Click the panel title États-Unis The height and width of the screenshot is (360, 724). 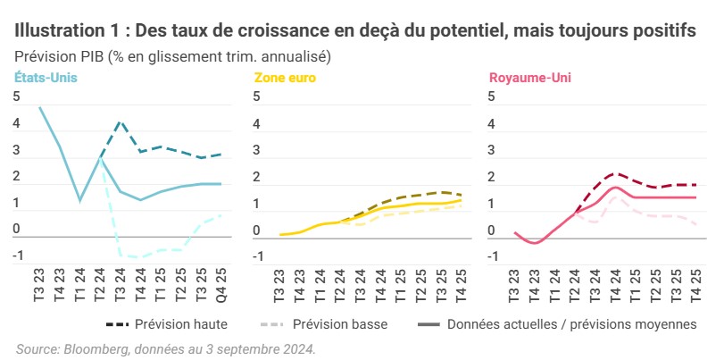click(46, 78)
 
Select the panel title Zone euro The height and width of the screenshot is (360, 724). click(285, 78)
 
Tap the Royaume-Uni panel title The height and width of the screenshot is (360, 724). click(529, 78)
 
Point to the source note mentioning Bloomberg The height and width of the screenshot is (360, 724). click(165, 347)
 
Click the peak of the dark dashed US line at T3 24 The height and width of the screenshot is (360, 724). click(121, 121)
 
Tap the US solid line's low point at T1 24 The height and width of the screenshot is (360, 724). click(80, 200)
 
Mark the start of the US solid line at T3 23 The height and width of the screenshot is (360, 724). click(40, 107)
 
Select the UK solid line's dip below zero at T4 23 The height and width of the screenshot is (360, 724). click(536, 243)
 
